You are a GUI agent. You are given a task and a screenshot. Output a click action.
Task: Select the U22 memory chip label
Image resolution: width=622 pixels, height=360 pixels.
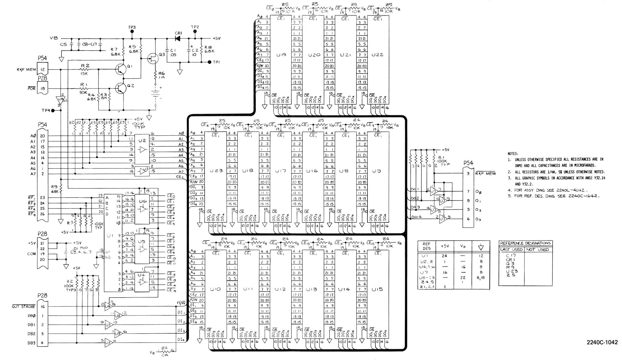pos(377,55)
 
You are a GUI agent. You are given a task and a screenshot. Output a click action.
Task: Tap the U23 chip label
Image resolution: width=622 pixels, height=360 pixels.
pos(216,171)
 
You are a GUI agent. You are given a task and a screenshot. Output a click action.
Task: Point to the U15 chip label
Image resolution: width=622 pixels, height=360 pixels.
pos(377,289)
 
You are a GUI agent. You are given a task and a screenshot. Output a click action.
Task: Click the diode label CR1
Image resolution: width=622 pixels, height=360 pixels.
pos(178,33)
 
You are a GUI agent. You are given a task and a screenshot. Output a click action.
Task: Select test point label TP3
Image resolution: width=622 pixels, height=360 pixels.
pos(132,27)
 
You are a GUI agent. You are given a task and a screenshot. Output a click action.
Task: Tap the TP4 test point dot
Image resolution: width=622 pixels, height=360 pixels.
pos(53,110)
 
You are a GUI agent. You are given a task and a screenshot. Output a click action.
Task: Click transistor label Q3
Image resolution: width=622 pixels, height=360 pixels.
pos(162,55)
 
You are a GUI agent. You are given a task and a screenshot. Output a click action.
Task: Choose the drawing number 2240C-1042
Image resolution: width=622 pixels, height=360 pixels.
pos(602,342)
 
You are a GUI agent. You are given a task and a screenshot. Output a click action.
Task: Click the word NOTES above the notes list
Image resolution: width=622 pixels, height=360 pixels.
pos(513,154)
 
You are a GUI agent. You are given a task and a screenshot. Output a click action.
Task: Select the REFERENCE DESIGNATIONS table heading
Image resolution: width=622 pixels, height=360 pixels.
pos(525,243)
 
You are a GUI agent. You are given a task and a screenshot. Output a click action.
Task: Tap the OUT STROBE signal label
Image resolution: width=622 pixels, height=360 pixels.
pos(24,307)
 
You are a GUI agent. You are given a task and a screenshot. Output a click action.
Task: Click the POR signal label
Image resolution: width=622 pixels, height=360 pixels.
pos(31,88)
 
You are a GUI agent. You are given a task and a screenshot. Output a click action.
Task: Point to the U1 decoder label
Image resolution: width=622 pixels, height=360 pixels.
pos(110,236)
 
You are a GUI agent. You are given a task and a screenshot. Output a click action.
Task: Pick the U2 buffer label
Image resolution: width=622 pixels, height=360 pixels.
pos(142,140)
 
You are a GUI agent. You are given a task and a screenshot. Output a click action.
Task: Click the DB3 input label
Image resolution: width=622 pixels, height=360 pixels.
pos(31,343)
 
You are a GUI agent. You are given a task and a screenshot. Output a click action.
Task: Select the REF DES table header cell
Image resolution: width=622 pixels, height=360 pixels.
pos(426,246)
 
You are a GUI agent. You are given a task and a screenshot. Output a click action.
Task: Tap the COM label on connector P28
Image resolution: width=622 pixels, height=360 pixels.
pos(31,254)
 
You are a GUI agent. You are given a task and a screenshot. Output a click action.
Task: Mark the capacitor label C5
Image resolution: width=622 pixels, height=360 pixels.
pos(63,44)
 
